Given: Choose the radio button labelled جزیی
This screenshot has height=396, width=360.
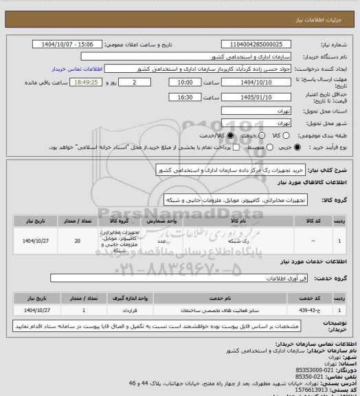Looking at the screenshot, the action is [297, 147].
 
